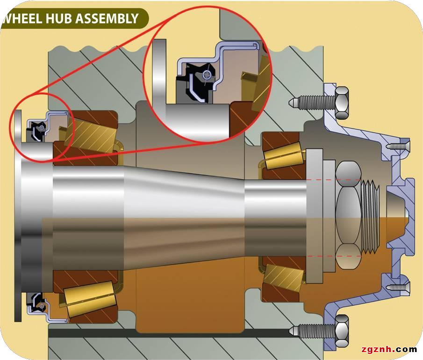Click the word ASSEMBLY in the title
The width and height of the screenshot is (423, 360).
[x=107, y=19]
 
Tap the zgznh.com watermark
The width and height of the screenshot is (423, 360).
[x=389, y=349]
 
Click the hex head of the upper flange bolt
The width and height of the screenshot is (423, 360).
[x=342, y=102]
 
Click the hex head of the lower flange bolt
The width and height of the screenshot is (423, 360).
[x=342, y=331]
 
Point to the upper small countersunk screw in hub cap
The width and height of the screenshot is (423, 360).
[x=398, y=146]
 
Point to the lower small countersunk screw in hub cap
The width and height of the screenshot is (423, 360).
[x=398, y=287]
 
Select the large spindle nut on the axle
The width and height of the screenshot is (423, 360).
[x=349, y=215]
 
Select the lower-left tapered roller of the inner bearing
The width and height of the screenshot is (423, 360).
[x=91, y=298]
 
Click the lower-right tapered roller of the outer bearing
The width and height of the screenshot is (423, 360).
[x=284, y=277]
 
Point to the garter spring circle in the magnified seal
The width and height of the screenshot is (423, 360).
[x=207, y=74]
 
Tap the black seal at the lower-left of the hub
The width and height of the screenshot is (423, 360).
[x=35, y=303]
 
